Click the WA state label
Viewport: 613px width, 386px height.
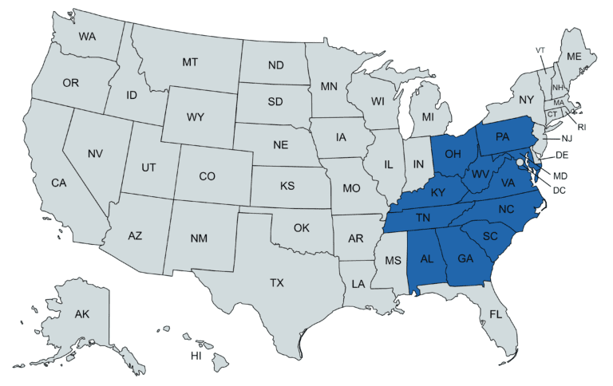click(87, 36)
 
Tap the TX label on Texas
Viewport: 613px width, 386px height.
click(277, 282)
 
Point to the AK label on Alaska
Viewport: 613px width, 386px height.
click(82, 313)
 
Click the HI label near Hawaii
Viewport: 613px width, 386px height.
click(196, 356)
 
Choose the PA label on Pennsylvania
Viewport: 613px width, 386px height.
click(502, 136)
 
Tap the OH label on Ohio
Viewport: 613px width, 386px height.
click(453, 153)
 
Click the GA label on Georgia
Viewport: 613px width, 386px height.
click(466, 258)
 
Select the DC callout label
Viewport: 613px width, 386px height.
click(559, 190)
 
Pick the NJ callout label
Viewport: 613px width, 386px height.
click(567, 138)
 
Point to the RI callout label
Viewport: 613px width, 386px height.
click(582, 126)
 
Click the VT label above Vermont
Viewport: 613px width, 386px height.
click(540, 50)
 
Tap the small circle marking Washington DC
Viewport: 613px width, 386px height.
click(520, 162)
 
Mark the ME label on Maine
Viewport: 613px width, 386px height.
click(574, 57)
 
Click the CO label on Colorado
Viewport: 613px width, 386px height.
click(208, 175)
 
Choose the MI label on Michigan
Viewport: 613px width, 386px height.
click(428, 117)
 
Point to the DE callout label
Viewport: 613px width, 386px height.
click(562, 155)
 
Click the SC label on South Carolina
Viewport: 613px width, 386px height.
click(490, 237)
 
